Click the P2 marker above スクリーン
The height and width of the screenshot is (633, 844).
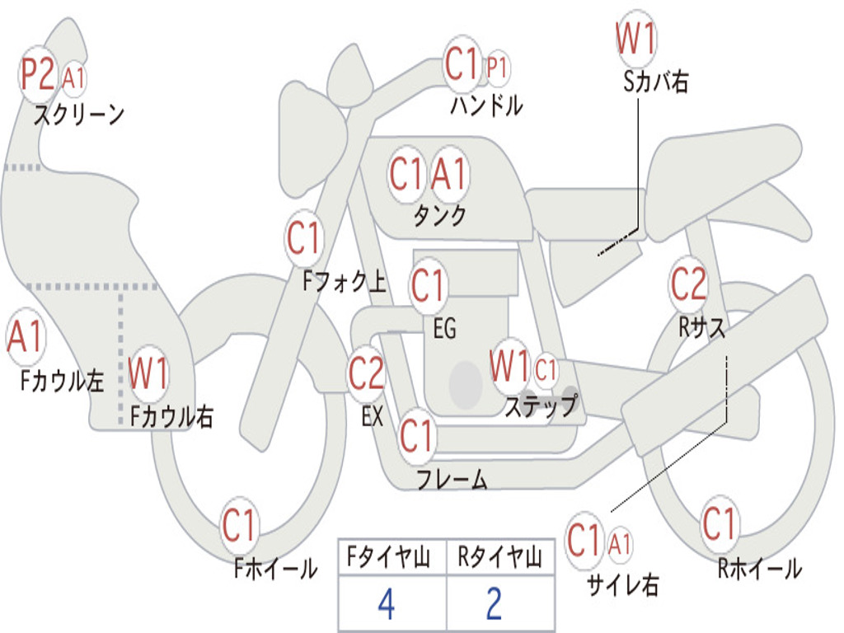point(38,73)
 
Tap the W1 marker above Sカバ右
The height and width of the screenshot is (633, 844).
point(635,39)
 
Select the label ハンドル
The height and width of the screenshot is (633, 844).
point(486,105)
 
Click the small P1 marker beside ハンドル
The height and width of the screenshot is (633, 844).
point(497,67)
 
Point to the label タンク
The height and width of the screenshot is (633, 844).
point(439,215)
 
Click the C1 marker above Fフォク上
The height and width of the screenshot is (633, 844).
point(303,239)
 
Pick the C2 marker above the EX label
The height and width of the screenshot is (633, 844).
point(366,373)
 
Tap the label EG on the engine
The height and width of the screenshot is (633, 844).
point(444,329)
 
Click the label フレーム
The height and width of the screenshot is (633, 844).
point(452,479)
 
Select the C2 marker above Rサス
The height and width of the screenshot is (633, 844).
point(688,284)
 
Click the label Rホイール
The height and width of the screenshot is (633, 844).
point(759,568)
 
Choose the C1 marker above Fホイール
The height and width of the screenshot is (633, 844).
point(241,526)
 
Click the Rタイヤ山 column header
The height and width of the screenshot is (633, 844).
point(499,559)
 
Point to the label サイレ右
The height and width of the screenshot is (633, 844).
point(623,584)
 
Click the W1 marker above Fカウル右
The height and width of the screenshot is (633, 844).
point(149,374)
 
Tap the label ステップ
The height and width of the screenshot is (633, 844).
point(541,406)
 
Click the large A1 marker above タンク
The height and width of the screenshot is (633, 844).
point(449,175)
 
